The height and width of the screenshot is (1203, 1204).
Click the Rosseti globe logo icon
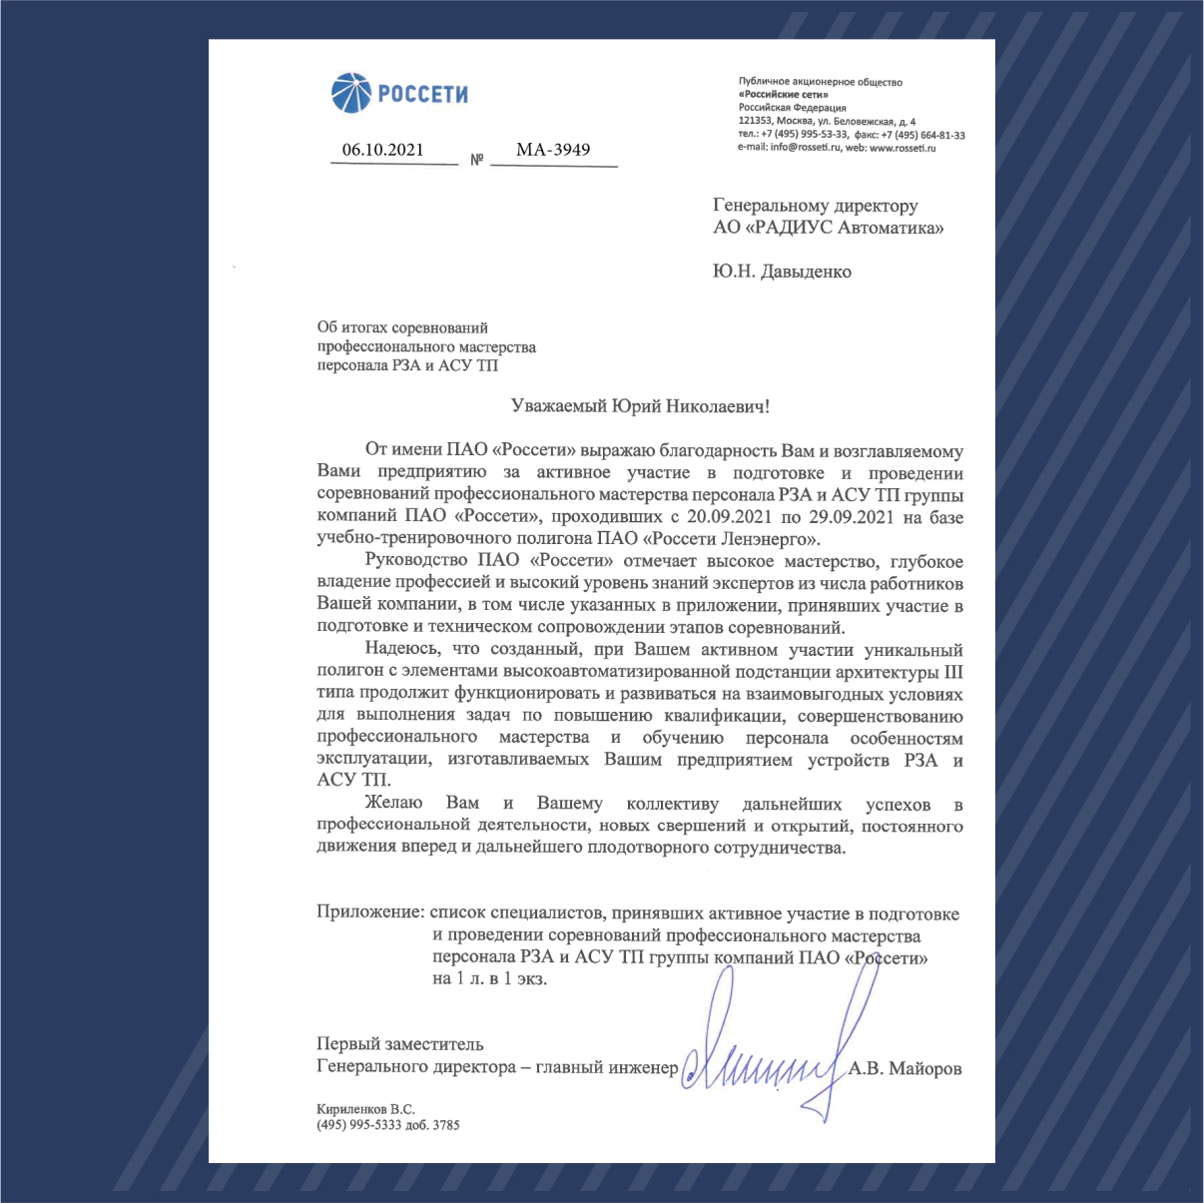tap(351, 94)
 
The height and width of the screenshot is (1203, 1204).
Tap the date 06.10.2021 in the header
tap(382, 151)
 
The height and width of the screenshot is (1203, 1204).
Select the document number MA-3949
tap(553, 151)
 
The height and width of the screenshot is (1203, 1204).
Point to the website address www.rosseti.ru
tap(903, 148)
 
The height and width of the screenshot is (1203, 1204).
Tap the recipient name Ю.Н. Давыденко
tap(782, 272)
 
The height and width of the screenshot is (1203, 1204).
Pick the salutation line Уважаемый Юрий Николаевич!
tap(641, 407)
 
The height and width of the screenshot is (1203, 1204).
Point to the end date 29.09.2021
tap(852, 517)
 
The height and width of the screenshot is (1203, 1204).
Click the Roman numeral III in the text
tap(953, 672)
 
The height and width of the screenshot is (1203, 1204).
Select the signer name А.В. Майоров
tap(905, 1069)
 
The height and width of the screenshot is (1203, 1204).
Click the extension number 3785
tap(446, 1125)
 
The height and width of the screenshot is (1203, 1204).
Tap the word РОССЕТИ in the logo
tap(422, 95)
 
